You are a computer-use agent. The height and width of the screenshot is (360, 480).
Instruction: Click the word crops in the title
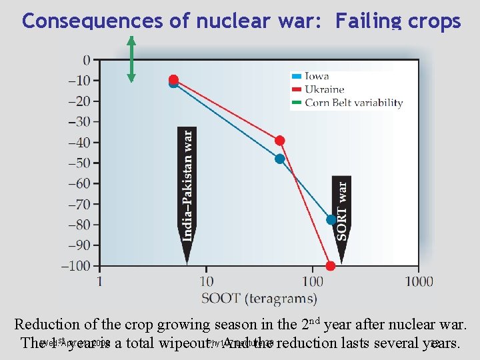pyautogui.click(x=431, y=21)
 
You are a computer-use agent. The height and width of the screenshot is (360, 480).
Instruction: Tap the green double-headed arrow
pyautogui.click(x=131, y=59)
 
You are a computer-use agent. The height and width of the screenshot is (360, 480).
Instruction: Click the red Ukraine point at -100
pyautogui.click(x=331, y=266)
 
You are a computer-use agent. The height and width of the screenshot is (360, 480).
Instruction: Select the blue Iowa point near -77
pyautogui.click(x=331, y=219)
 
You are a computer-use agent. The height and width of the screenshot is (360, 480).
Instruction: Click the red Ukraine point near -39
pyautogui.click(x=280, y=141)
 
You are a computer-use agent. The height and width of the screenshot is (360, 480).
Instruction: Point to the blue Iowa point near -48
pyautogui.click(x=280, y=159)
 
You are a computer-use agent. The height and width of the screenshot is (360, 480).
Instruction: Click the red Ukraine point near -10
pyautogui.click(x=174, y=79)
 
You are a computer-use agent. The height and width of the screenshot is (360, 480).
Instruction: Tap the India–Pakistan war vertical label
pyautogui.click(x=187, y=184)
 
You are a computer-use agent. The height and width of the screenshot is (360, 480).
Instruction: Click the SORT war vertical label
pyautogui.click(x=341, y=211)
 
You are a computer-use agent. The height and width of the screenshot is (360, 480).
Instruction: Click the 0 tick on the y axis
pyautogui.click(x=87, y=60)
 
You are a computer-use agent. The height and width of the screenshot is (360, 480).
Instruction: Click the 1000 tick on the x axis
pyautogui.click(x=419, y=282)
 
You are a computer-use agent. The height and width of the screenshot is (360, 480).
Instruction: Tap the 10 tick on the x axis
pyautogui.click(x=206, y=282)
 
